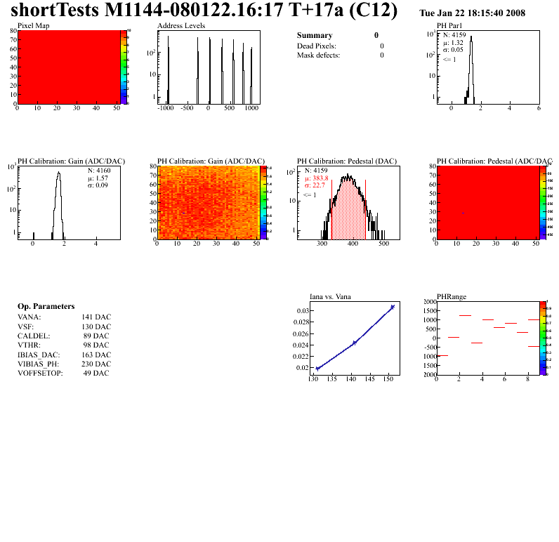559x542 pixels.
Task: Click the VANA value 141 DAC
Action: [96, 317]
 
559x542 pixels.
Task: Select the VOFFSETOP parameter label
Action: [40, 373]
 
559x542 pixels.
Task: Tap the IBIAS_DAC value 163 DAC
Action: [96, 355]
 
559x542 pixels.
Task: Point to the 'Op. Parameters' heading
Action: [46, 307]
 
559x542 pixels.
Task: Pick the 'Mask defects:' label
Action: [318, 55]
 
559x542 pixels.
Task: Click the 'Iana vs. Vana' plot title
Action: [330, 297]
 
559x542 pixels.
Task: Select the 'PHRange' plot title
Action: [452, 297]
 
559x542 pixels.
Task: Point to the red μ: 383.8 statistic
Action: [317, 178]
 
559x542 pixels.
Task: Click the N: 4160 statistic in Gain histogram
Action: [99, 170]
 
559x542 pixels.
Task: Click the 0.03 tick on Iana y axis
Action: [302, 310]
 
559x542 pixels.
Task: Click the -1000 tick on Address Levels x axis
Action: [166, 109]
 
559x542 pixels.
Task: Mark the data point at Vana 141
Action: [355, 343]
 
